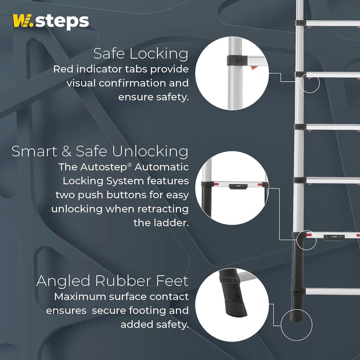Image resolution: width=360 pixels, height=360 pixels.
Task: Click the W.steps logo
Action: click(x=50, y=22)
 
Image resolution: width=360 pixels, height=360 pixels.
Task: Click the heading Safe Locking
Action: click(x=140, y=53)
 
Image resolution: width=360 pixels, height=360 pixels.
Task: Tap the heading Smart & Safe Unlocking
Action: click(x=100, y=151)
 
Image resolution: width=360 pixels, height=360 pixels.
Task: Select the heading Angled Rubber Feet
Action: click(x=112, y=281)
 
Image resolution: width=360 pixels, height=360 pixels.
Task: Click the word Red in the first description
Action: click(x=64, y=69)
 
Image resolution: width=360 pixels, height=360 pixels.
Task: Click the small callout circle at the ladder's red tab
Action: click(x=309, y=82)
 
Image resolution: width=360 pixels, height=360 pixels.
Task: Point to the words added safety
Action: click(x=154, y=325)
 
